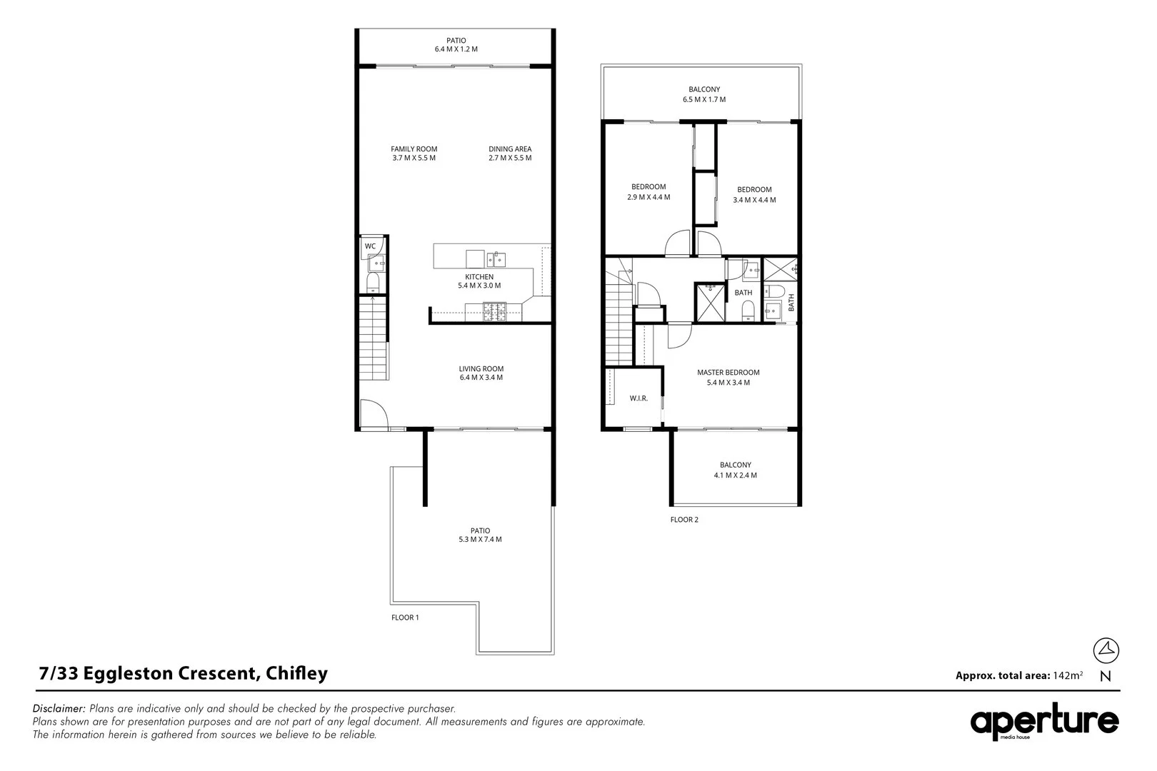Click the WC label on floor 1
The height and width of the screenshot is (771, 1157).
click(x=370, y=246)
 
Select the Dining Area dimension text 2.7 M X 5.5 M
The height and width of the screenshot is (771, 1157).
click(x=510, y=158)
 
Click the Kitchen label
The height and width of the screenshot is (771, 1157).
click(x=479, y=277)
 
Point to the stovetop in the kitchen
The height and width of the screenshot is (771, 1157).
click(x=494, y=311)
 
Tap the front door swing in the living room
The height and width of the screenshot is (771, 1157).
click(x=373, y=413)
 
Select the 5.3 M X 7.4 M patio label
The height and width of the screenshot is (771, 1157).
click(x=480, y=535)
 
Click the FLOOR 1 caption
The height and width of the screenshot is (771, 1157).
click(x=405, y=618)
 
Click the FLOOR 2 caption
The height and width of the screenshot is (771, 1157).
click(x=684, y=520)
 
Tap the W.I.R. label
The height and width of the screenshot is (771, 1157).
click(x=638, y=398)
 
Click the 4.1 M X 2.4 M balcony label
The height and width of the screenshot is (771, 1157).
click(x=735, y=470)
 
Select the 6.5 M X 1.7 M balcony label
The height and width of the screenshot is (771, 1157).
click(x=703, y=95)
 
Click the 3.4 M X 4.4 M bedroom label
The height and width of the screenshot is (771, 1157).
click(x=754, y=195)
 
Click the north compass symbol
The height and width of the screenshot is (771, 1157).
click(x=1106, y=650)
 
